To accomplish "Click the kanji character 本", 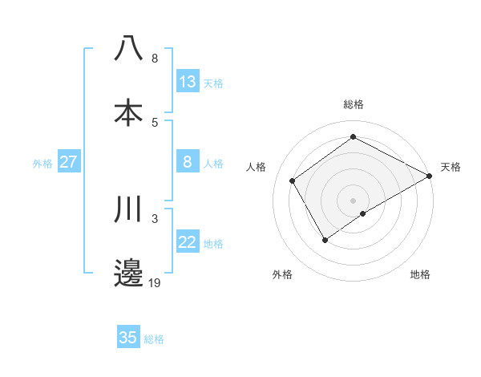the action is click(129, 112).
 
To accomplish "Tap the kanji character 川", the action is click(129, 209).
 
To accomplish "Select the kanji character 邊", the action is click(129, 273).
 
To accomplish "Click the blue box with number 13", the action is click(188, 82).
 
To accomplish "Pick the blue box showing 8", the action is click(188, 162).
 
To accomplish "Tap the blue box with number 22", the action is click(188, 242).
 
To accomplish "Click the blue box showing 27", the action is click(69, 162).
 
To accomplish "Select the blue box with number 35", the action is click(128, 338).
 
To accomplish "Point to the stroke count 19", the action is click(154, 282).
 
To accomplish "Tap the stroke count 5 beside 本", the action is click(155, 122).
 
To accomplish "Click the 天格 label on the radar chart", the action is click(451, 167).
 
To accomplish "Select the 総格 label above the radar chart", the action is click(354, 104).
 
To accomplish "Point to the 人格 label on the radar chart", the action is click(257, 167).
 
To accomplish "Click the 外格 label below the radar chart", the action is click(281, 274).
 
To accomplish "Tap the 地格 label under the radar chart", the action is click(420, 274).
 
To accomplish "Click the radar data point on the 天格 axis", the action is click(430, 175).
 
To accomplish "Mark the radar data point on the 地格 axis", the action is click(363, 213).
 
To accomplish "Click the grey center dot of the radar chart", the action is click(353, 199).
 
